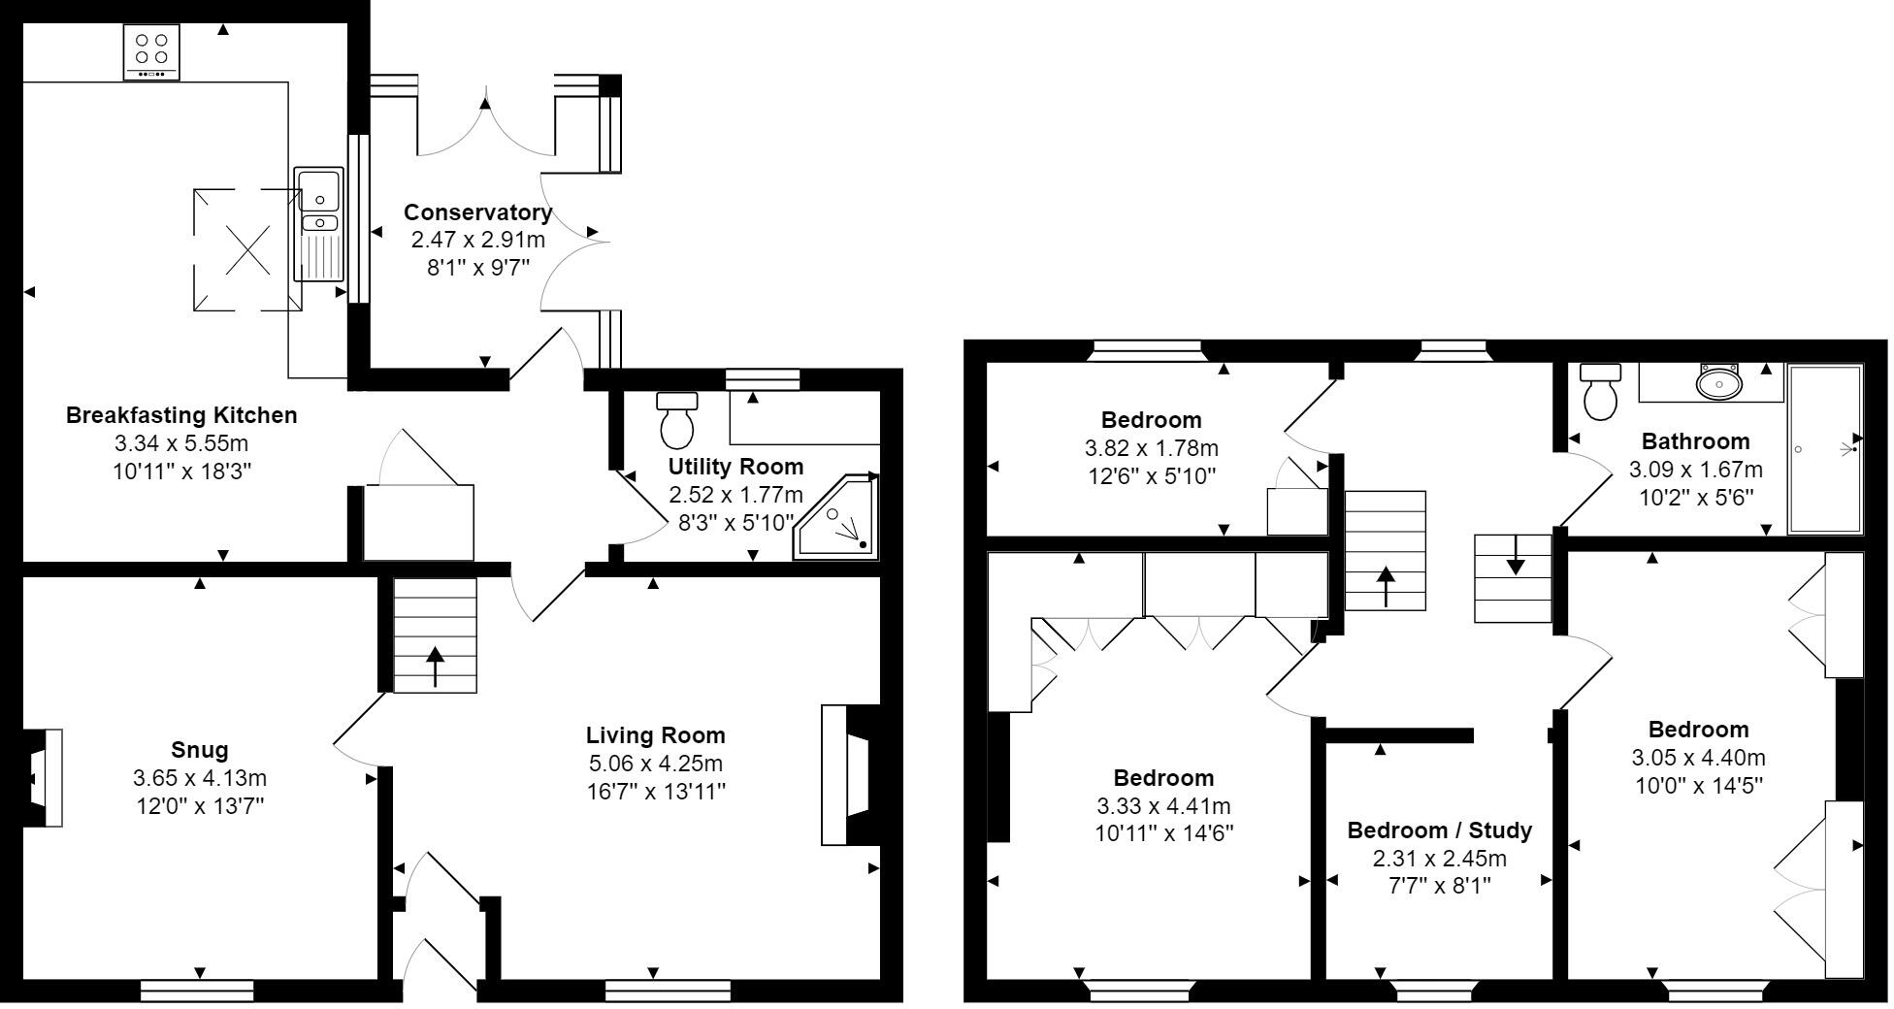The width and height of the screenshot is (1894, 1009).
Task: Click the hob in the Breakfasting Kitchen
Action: tap(151, 51)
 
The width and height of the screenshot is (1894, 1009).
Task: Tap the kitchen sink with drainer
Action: tap(318, 224)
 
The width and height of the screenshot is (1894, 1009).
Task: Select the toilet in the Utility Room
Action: tap(677, 419)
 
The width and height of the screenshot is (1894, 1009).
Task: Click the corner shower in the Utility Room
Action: tap(837, 519)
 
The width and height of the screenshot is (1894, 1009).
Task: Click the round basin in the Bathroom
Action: tap(1719, 382)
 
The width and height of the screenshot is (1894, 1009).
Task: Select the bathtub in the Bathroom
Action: tap(1824, 448)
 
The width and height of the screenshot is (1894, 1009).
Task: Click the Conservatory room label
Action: tap(477, 212)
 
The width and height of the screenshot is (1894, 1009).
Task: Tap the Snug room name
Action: tap(199, 750)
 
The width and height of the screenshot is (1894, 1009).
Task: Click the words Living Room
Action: tap(655, 735)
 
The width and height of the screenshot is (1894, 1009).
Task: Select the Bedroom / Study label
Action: tap(1439, 830)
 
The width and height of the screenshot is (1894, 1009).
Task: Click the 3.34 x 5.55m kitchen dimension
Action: tap(181, 444)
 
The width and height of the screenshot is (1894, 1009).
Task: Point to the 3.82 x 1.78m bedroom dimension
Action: tap(1151, 449)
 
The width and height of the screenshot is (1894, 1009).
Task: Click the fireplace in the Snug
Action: tap(43, 778)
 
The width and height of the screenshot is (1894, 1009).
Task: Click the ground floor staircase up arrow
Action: tap(435, 666)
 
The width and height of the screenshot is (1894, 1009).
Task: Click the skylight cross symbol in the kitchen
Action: tap(247, 250)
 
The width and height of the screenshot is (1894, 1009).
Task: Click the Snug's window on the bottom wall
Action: tap(197, 991)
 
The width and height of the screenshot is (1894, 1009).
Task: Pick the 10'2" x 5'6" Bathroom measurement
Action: tap(1695, 498)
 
